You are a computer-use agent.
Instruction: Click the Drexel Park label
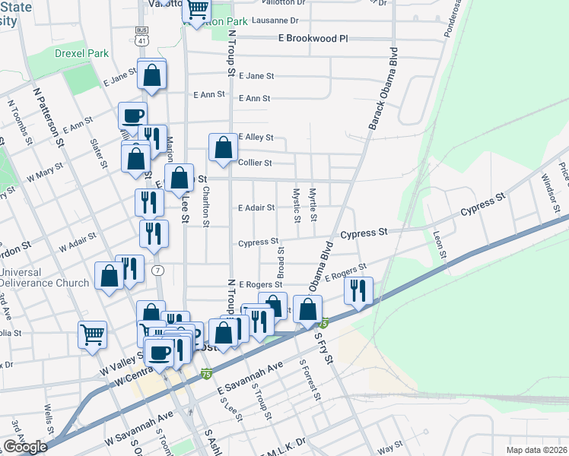(x=82, y=54)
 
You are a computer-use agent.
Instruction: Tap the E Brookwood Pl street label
(x=302, y=37)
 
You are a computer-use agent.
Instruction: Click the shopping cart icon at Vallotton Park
(x=196, y=11)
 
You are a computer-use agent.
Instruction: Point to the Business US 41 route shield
(x=141, y=36)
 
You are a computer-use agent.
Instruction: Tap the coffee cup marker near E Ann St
(x=133, y=116)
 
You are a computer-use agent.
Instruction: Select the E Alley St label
(x=255, y=138)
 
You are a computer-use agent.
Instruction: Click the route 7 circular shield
(x=157, y=271)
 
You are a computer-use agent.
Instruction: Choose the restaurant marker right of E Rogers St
(x=357, y=290)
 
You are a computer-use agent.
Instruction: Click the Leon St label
(x=438, y=244)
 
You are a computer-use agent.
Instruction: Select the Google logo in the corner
(x=25, y=447)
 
